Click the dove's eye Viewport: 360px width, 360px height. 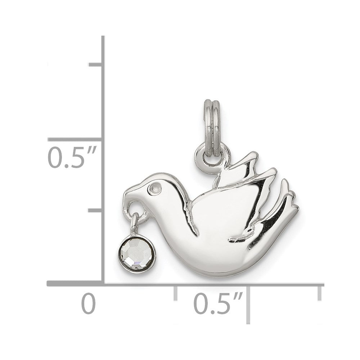pos(155,188)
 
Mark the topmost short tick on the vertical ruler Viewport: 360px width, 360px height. pos(96,65)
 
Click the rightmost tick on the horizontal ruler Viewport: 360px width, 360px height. pos(319,292)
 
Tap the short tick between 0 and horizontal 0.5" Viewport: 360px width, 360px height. pos(175,292)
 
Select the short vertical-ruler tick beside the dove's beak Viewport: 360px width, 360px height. pos(96,210)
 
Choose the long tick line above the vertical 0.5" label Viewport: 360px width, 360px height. pos(76,139)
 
